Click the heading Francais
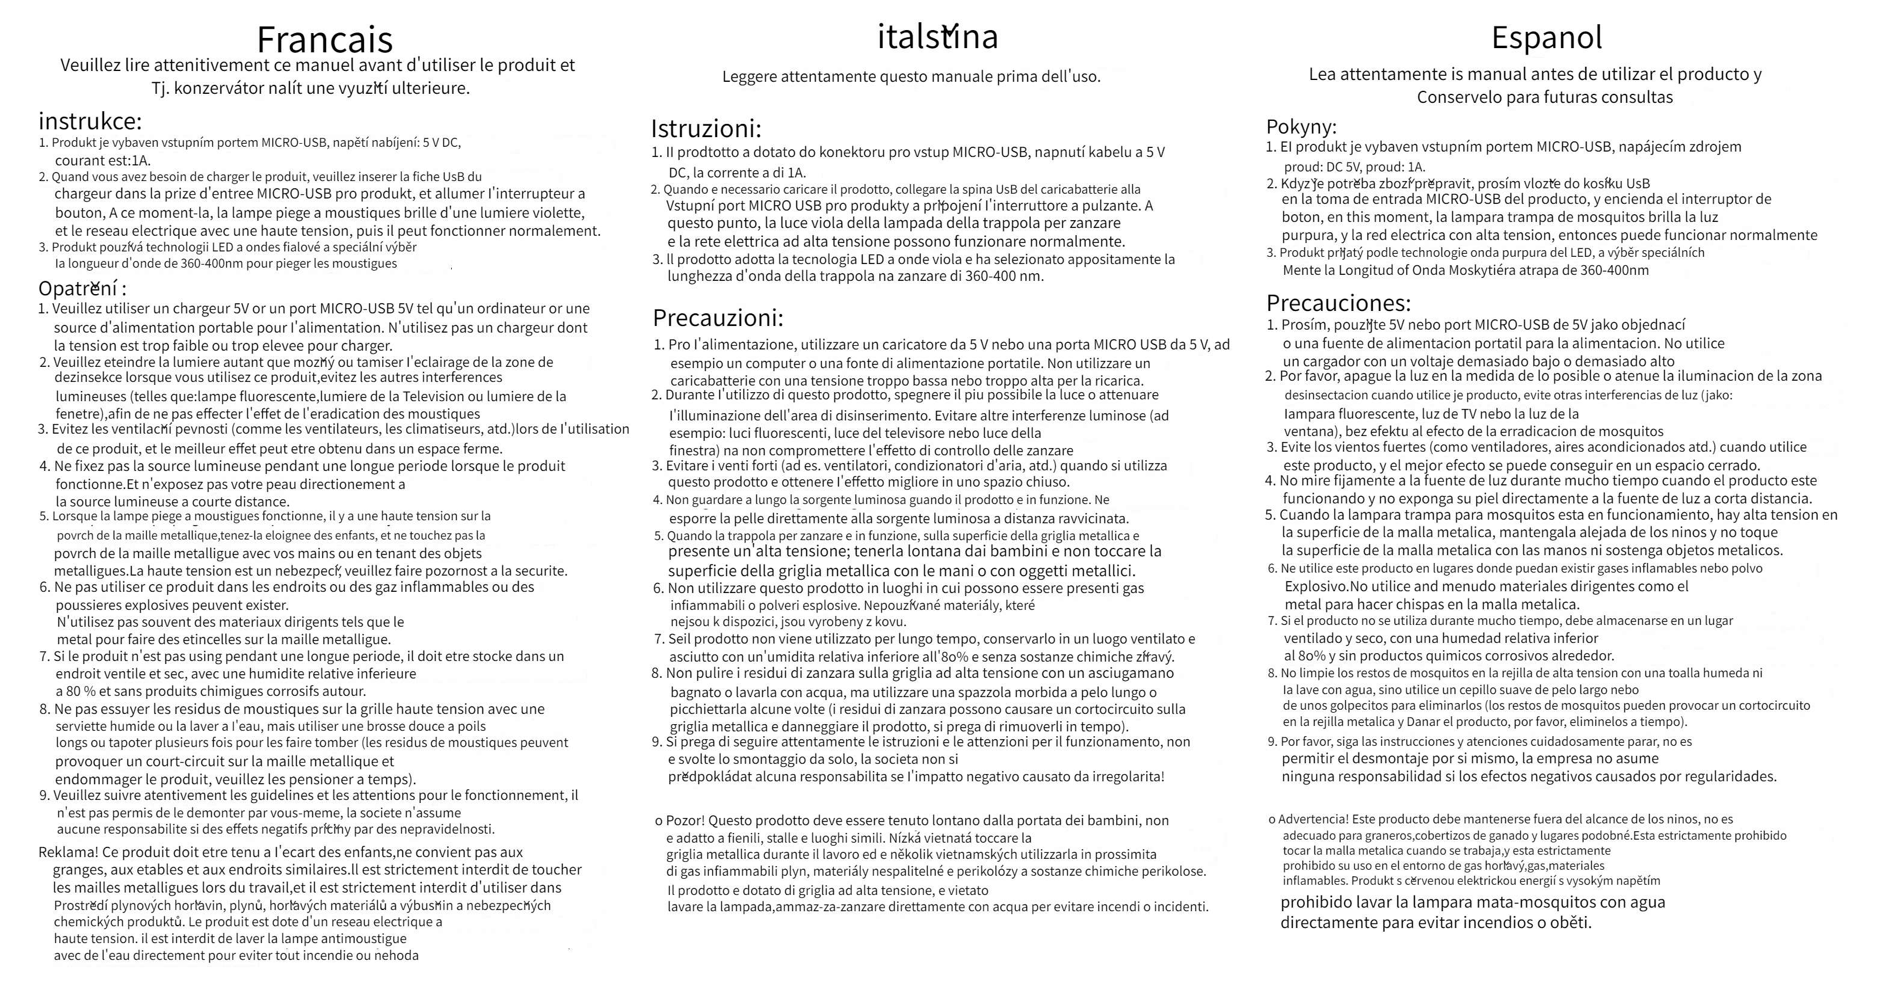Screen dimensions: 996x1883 (324, 40)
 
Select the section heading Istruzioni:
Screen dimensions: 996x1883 (706, 129)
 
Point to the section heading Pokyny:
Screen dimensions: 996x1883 (1301, 126)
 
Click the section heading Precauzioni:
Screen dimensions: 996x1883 (718, 318)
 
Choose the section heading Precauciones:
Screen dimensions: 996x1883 (1339, 303)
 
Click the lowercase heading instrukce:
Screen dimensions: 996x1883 (90, 120)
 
